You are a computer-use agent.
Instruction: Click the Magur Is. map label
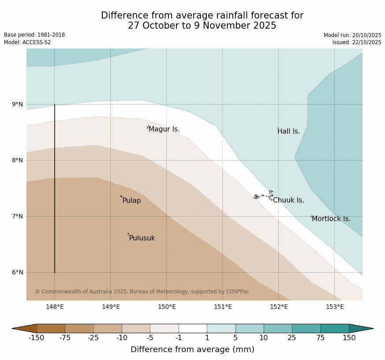pos(164,129)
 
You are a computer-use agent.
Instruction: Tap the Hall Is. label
pos(289,131)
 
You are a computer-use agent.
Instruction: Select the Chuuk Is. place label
pos(288,200)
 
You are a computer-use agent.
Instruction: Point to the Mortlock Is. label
pos(331,219)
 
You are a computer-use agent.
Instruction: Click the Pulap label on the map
pos(131,201)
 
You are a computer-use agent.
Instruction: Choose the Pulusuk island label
pos(142,238)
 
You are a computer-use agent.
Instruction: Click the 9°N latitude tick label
pos(17,105)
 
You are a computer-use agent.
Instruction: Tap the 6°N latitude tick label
pos(17,272)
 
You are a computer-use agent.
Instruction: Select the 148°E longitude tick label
pos(55,307)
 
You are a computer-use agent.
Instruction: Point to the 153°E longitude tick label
pos(335,307)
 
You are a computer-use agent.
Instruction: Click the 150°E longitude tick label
pos(167,307)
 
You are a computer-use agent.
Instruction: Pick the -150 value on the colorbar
pos(37,338)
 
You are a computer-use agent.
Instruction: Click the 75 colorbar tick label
pos(320,338)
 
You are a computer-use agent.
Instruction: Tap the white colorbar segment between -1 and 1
pos(193,328)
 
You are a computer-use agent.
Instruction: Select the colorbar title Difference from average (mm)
pos(192,349)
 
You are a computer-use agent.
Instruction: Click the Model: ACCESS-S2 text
pos(27,42)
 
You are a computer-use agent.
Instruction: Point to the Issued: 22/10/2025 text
pos(357,42)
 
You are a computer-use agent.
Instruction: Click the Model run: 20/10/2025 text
pos(352,35)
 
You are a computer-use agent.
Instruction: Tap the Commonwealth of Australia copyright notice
pos(142,292)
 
